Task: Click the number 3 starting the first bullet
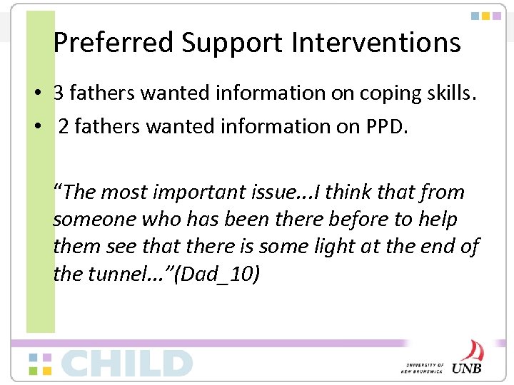(x=60, y=93)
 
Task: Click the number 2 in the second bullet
(x=64, y=127)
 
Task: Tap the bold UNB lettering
(x=466, y=367)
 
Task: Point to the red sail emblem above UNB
(x=471, y=350)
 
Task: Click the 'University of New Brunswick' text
(x=423, y=366)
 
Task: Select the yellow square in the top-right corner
(x=486, y=15)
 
